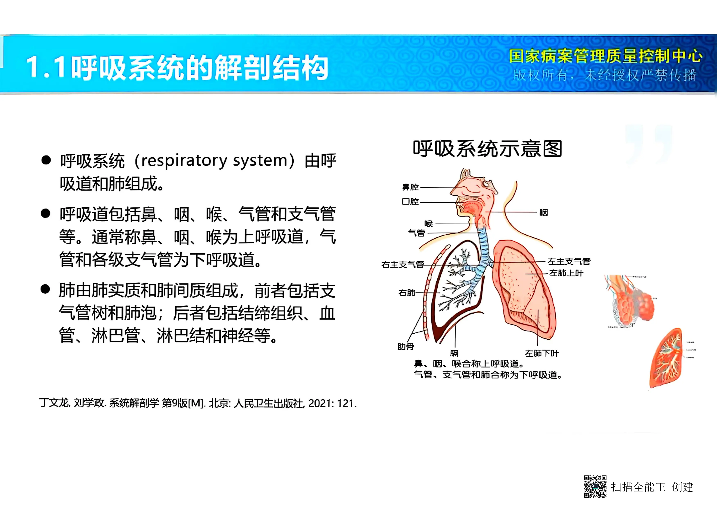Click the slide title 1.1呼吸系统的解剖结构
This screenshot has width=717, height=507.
coord(177,67)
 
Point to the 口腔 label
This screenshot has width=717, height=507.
coord(410,201)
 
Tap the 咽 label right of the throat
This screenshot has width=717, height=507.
coord(543,213)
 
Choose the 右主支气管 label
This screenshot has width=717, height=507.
coord(402,265)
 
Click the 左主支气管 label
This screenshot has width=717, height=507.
coord(569,261)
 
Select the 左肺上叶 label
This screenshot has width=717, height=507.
coord(566,273)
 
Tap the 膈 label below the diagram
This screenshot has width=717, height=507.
coord(454,353)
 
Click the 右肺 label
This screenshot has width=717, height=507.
coord(407,293)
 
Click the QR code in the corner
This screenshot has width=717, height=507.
coord(595,486)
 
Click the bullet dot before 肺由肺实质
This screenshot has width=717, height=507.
coord(45,289)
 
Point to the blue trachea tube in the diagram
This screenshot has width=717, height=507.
coord(484,244)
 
